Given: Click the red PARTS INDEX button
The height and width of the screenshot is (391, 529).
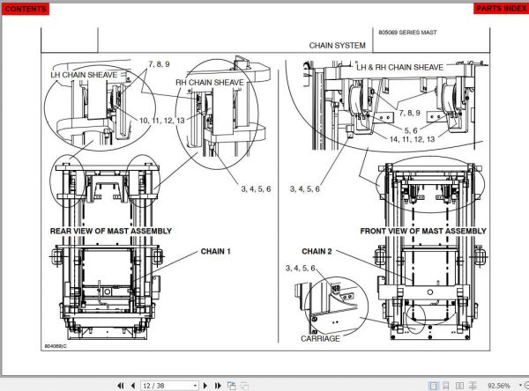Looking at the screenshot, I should pyautogui.click(x=501, y=9).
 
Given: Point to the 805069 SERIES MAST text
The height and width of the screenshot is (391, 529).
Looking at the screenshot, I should pyautogui.click(x=407, y=32).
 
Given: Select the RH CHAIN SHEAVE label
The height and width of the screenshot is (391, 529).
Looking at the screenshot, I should pyautogui.click(x=209, y=82).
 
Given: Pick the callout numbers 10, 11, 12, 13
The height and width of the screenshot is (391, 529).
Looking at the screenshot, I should pyautogui.click(x=162, y=118).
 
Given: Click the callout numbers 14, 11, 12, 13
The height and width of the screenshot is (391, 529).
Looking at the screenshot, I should pyautogui.click(x=412, y=138).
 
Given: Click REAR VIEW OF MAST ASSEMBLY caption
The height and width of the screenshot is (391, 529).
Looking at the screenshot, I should pyautogui.click(x=110, y=231).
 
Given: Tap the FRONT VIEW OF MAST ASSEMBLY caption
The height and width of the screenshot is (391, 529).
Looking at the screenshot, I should pyautogui.click(x=422, y=231).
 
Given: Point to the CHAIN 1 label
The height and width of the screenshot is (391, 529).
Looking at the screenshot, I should pyautogui.click(x=215, y=251).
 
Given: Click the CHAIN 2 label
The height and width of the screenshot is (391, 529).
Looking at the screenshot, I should pyautogui.click(x=317, y=251).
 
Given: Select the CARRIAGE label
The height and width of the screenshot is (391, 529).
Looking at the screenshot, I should pyautogui.click(x=320, y=338).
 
